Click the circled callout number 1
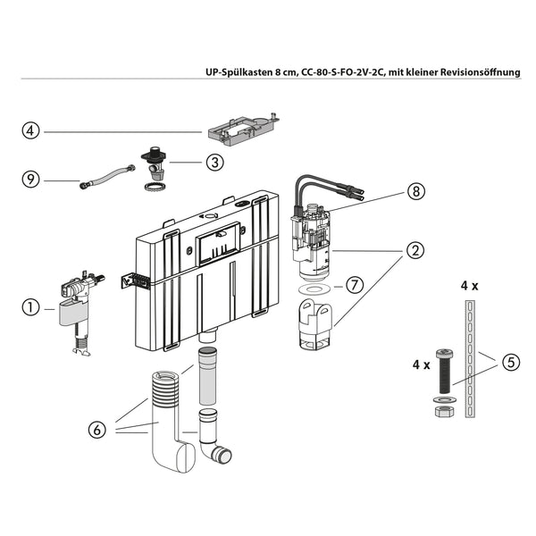tap(31, 308)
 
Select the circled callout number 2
tap(414, 250)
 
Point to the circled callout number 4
tap(31, 131)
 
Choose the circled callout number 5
tap(510, 362)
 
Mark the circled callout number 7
tap(354, 286)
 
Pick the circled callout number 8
tap(414, 190)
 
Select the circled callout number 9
tap(31, 180)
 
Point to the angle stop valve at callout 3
tap(154, 163)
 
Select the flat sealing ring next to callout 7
tap(313, 289)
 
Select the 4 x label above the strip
tap(469, 286)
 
